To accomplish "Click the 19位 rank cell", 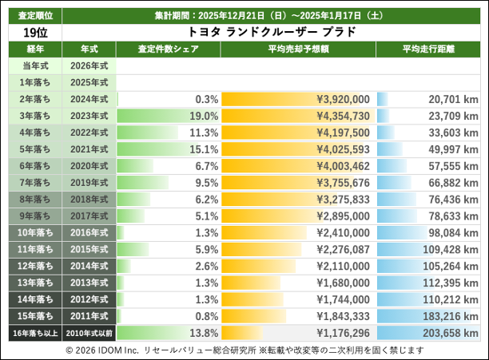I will click(34, 33).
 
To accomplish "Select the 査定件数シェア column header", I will click(168, 49).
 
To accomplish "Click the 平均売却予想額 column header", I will click(297, 49).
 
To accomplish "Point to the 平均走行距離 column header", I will click(428, 49).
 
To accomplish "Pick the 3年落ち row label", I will click(34, 116).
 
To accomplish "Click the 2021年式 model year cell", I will click(89, 149).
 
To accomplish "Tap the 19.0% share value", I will click(205, 116).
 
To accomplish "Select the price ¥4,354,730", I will click(343, 116).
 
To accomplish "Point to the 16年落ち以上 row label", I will click(34, 333).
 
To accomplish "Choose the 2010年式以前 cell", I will click(89, 333).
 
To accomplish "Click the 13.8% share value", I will click(205, 333).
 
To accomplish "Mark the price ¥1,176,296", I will click(343, 333).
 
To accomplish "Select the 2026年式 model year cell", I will click(89, 65).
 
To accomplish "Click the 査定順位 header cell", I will click(34, 14).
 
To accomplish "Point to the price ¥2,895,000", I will click(343, 216).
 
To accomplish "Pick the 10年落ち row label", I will click(34, 232).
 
